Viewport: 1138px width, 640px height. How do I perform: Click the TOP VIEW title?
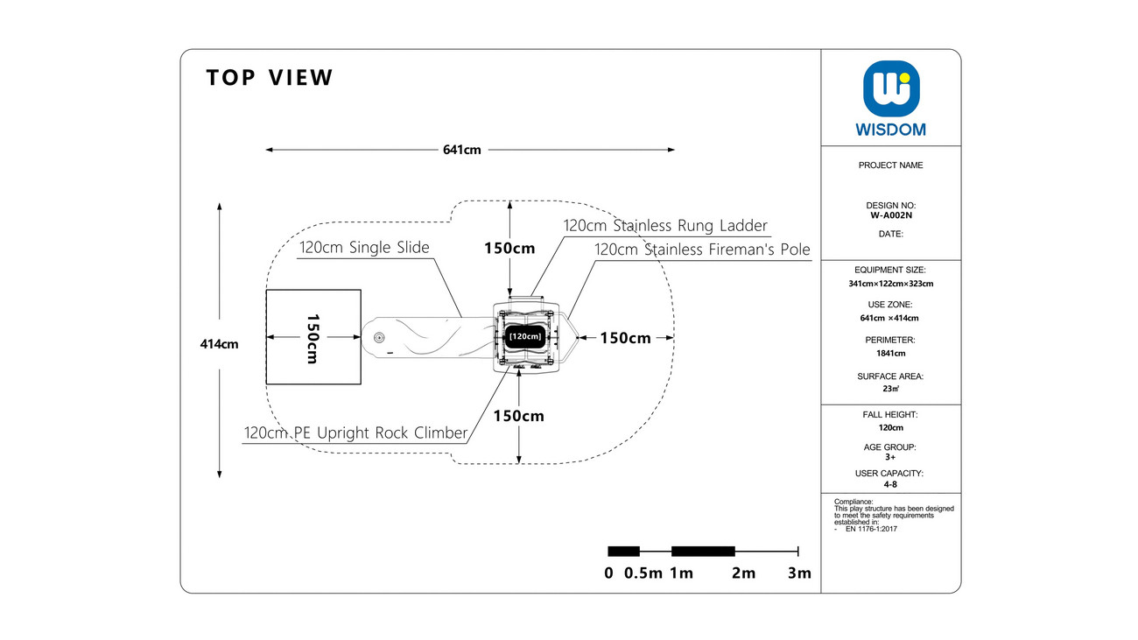tap(270, 78)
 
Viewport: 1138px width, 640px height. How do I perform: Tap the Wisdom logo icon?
tap(891, 89)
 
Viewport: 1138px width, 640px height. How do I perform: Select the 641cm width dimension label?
tap(462, 150)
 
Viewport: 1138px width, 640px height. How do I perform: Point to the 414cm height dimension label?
tap(219, 344)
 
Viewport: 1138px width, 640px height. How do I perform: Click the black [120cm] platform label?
tap(525, 337)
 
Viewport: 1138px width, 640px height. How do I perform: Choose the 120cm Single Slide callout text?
tap(364, 248)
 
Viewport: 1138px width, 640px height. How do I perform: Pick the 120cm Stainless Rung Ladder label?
tap(665, 226)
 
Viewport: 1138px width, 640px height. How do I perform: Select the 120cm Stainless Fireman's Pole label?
tap(702, 250)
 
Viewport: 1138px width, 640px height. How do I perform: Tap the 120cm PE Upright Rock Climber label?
tap(355, 433)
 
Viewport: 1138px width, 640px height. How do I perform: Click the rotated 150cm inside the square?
tap(313, 339)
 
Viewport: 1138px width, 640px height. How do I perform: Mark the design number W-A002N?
tap(891, 215)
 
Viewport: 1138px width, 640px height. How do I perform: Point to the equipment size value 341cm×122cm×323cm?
tap(890, 284)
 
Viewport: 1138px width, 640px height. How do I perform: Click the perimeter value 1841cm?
tap(890, 353)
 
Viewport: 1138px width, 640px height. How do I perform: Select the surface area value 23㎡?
tap(890, 389)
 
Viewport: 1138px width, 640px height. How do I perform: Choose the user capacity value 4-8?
tap(890, 484)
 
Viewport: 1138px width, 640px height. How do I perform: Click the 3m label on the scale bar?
tap(799, 573)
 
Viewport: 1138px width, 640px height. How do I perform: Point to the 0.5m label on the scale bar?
tap(643, 573)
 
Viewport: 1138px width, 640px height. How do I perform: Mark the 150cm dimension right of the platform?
tap(625, 338)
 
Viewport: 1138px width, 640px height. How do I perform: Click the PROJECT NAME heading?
tap(890, 165)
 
